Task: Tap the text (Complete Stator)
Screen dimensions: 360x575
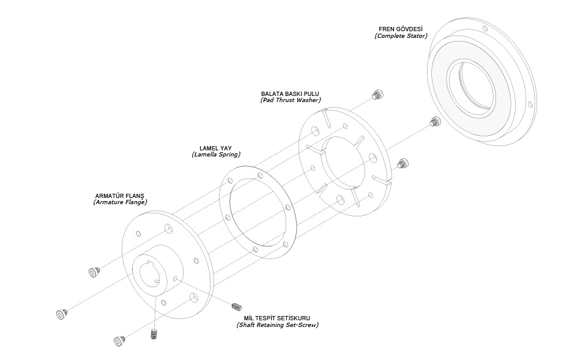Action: pyautogui.click(x=401, y=37)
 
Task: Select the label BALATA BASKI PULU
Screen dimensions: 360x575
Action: pyautogui.click(x=290, y=94)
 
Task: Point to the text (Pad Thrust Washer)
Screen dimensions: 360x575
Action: pyautogui.click(x=290, y=100)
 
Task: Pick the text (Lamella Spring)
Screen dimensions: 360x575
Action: pyautogui.click(x=215, y=155)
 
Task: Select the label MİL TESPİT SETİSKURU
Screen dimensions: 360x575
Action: pyautogui.click(x=277, y=318)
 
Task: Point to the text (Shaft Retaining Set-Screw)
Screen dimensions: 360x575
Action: pyautogui.click(x=277, y=325)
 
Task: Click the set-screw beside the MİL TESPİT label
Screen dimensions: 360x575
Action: pyautogui.click(x=239, y=305)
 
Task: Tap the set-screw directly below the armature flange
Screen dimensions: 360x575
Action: pyautogui.click(x=154, y=334)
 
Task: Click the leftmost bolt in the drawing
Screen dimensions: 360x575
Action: pyautogui.click(x=61, y=314)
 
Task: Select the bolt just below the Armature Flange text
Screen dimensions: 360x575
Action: pyautogui.click(x=94, y=271)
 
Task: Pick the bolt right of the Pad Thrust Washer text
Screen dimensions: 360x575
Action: pyautogui.click(x=377, y=94)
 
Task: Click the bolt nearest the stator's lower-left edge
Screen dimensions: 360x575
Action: pyautogui.click(x=435, y=121)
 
